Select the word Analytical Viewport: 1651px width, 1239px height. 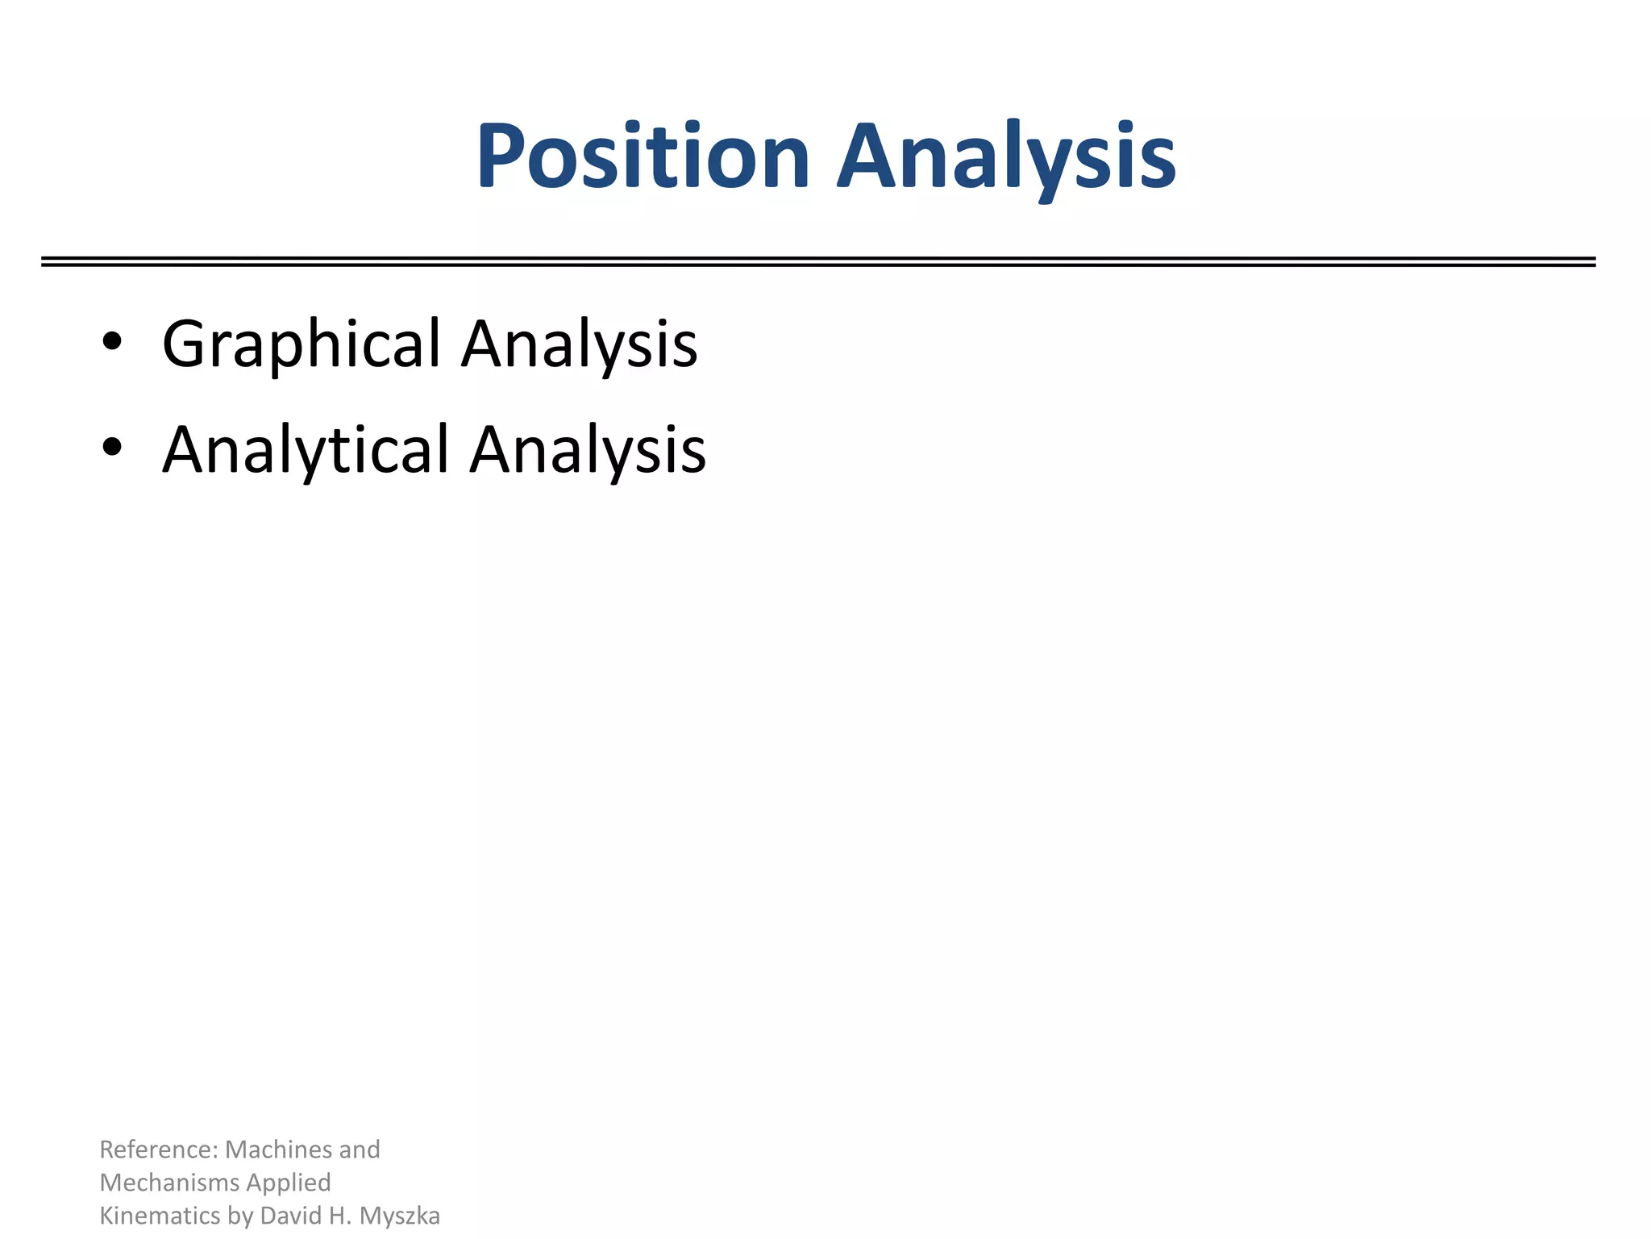point(306,450)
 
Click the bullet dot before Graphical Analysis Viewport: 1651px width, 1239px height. point(112,342)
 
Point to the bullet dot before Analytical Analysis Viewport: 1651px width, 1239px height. point(112,447)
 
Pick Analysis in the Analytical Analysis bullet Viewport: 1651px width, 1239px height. point(588,450)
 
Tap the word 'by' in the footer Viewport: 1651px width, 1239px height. point(240,1216)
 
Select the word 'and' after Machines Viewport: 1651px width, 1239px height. point(360,1149)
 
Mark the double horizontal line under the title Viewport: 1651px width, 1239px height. point(818,261)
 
